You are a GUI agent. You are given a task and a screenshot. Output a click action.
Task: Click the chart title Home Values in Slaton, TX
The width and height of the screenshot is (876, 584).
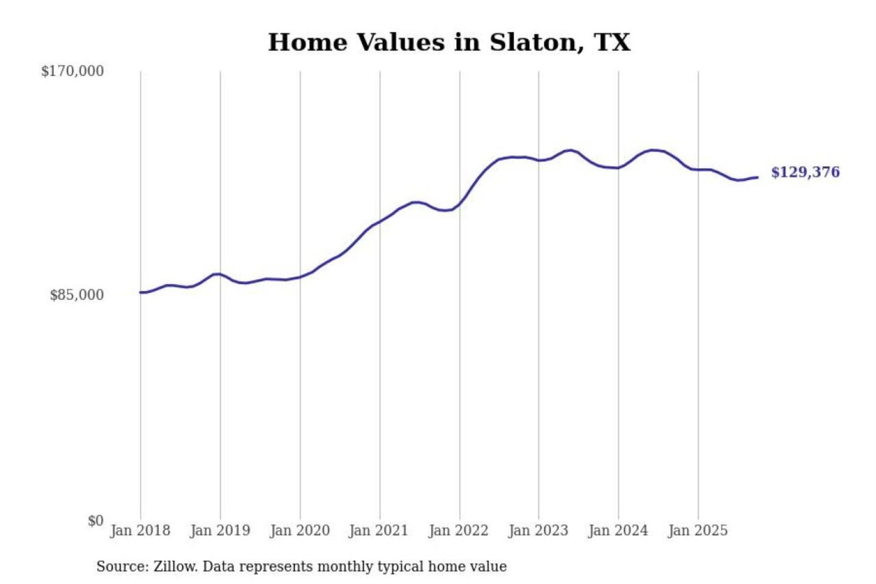click(449, 43)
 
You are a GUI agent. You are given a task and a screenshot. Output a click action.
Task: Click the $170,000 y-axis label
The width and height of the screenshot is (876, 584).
click(72, 71)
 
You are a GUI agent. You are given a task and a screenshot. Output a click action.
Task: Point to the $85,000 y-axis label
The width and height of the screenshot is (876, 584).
click(77, 295)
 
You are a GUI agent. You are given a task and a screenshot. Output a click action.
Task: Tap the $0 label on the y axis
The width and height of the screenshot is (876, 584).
click(96, 521)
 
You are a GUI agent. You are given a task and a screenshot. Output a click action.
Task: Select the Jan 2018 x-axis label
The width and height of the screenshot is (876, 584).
click(140, 530)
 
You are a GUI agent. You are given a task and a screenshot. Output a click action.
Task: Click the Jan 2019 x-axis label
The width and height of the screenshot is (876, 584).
click(220, 530)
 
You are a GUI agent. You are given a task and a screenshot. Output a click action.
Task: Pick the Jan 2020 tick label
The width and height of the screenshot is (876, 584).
click(299, 530)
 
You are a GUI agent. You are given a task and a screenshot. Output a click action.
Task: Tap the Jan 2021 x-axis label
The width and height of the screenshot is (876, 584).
click(378, 530)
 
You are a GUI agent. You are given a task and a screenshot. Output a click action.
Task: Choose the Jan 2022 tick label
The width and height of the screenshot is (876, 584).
click(458, 530)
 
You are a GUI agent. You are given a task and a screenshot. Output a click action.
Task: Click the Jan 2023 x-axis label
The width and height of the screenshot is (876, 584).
click(538, 530)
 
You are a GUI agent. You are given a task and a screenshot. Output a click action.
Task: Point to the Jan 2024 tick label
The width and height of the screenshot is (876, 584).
click(617, 530)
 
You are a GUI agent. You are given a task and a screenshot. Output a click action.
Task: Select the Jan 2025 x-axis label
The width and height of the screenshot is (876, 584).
click(697, 530)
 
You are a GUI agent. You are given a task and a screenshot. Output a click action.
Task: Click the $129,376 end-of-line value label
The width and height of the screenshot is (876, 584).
click(805, 172)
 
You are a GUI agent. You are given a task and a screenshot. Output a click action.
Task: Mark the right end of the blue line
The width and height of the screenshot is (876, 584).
click(757, 177)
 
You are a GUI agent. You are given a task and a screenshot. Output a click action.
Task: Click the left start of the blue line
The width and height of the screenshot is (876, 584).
click(141, 293)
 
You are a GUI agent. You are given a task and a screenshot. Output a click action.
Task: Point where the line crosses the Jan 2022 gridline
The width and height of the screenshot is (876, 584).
click(460, 204)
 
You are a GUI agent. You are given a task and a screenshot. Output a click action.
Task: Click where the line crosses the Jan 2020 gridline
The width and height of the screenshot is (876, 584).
click(300, 277)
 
